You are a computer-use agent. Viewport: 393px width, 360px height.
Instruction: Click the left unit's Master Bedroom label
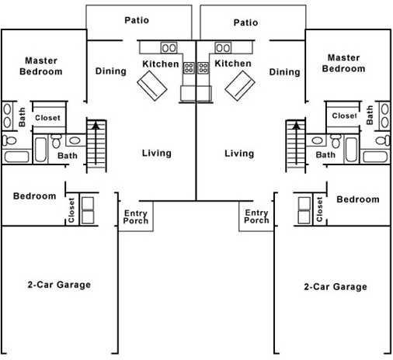pos(43,66)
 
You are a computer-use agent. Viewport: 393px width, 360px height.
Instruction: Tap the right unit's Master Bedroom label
pos(343,63)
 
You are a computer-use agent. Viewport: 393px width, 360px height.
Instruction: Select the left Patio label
pos(137,20)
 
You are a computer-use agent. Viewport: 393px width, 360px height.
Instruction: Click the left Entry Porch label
pos(136,216)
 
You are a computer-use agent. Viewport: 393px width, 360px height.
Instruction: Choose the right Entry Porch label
pos(256,216)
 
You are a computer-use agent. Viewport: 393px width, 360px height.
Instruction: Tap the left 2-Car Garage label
pos(59,285)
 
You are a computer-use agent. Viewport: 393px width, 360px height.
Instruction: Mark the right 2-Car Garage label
pos(335,286)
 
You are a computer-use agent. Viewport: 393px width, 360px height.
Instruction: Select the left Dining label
pos(111,71)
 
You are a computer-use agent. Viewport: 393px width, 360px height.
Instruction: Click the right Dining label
pos(284,72)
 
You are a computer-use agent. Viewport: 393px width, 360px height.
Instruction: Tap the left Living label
pos(156,153)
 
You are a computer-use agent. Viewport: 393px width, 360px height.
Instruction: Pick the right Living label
pos(239,153)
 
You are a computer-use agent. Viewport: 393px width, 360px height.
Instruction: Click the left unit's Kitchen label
pos(160,64)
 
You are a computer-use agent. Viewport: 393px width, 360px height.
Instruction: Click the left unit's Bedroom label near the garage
pos(35,196)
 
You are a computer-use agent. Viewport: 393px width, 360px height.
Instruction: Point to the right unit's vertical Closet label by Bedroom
pos(320,209)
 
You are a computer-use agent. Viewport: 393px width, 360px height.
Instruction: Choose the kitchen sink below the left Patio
pos(169,47)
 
